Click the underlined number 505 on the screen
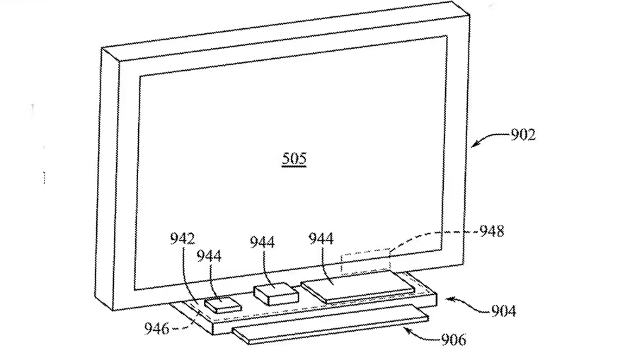point(294,158)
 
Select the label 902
point(523,134)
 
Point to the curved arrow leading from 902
point(490,138)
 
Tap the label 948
point(492,231)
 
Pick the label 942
point(183,238)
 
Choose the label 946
point(157,328)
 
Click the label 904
point(504,311)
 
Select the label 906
point(454,339)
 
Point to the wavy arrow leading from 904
point(468,303)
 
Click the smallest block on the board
point(223,304)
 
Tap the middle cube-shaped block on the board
point(276,294)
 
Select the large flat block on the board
point(357,286)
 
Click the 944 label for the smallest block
point(209,256)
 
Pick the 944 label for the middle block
point(262,242)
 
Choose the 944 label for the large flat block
point(321,238)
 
